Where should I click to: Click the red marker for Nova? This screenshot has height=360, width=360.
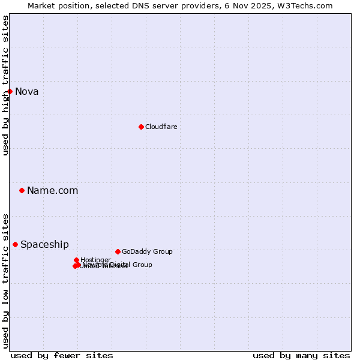point(10,91)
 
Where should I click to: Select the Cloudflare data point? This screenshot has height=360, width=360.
point(141,127)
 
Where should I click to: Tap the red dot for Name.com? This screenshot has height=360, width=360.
point(22,190)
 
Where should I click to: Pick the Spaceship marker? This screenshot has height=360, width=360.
point(16,244)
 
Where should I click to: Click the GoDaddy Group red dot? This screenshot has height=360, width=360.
point(118,251)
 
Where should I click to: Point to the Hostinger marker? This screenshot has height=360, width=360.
point(77,260)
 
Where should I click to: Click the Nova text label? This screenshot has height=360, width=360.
point(26,92)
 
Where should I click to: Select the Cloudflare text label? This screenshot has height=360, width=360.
point(161,127)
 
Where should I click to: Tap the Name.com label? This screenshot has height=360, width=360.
point(52,191)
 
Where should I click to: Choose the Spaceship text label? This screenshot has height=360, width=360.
point(44,245)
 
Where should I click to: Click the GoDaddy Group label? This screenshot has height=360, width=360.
point(147,252)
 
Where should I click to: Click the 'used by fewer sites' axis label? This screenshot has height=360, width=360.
point(62,355)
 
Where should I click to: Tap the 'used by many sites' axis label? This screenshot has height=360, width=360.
point(301,355)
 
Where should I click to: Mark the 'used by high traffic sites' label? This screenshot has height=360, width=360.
point(5,85)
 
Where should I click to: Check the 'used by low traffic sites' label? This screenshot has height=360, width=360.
point(5,280)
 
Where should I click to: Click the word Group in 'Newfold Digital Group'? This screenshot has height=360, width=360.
point(142,265)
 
